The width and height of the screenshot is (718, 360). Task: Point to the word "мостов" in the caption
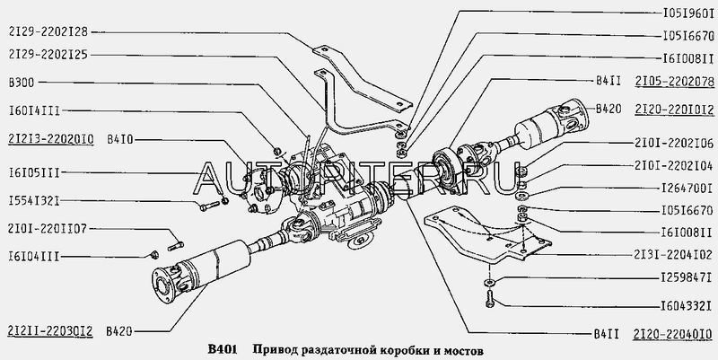tap(460, 349)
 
